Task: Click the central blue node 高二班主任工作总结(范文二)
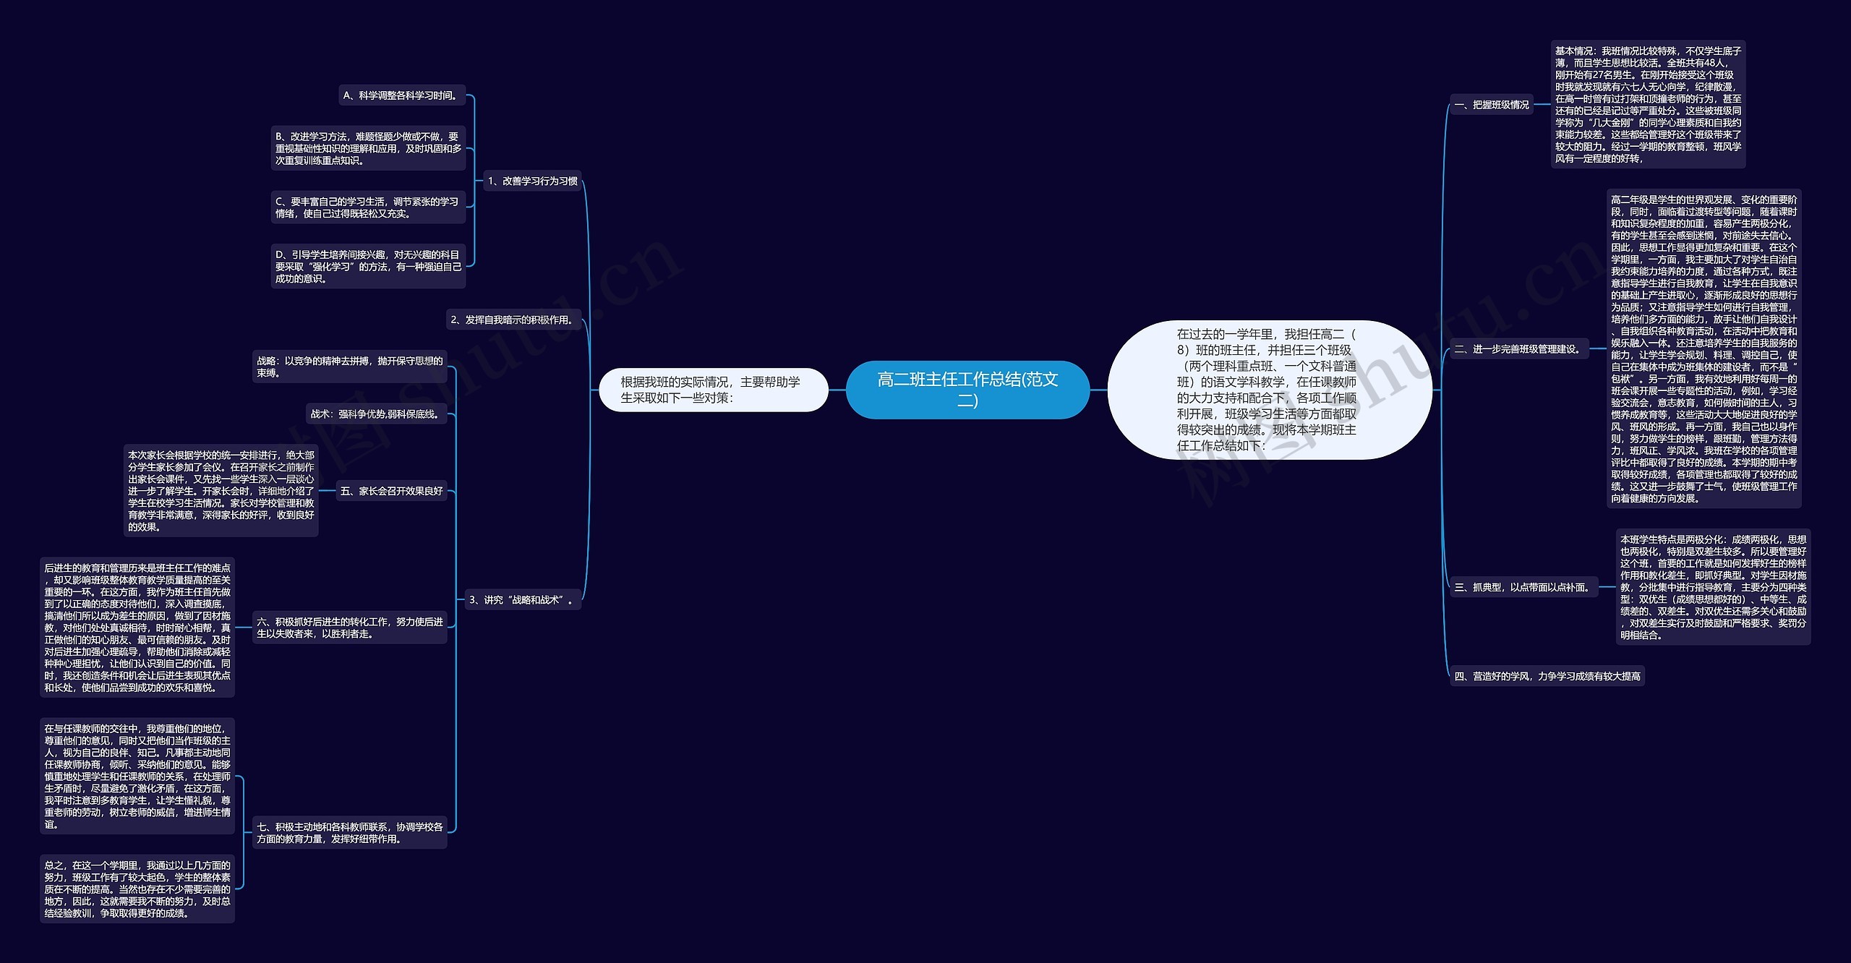[x=967, y=389]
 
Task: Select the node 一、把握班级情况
[x=1492, y=105]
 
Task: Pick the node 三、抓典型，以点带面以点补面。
[x=1523, y=588]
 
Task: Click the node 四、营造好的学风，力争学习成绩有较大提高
[x=1547, y=676]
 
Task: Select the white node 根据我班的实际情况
[x=713, y=390]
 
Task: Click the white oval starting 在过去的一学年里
[x=1269, y=389]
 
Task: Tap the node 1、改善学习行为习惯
[x=532, y=181]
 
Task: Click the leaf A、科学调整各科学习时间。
[x=401, y=95]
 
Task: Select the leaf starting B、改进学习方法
[x=367, y=148]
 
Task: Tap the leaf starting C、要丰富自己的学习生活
[x=367, y=207]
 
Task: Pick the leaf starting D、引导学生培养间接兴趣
[x=367, y=266]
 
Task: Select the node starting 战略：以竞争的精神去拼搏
[x=349, y=367]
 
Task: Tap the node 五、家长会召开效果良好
[x=391, y=491]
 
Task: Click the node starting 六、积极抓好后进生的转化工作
[x=349, y=628]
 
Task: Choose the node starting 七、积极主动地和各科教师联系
[x=349, y=833]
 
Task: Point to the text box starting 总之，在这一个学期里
[x=137, y=889]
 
